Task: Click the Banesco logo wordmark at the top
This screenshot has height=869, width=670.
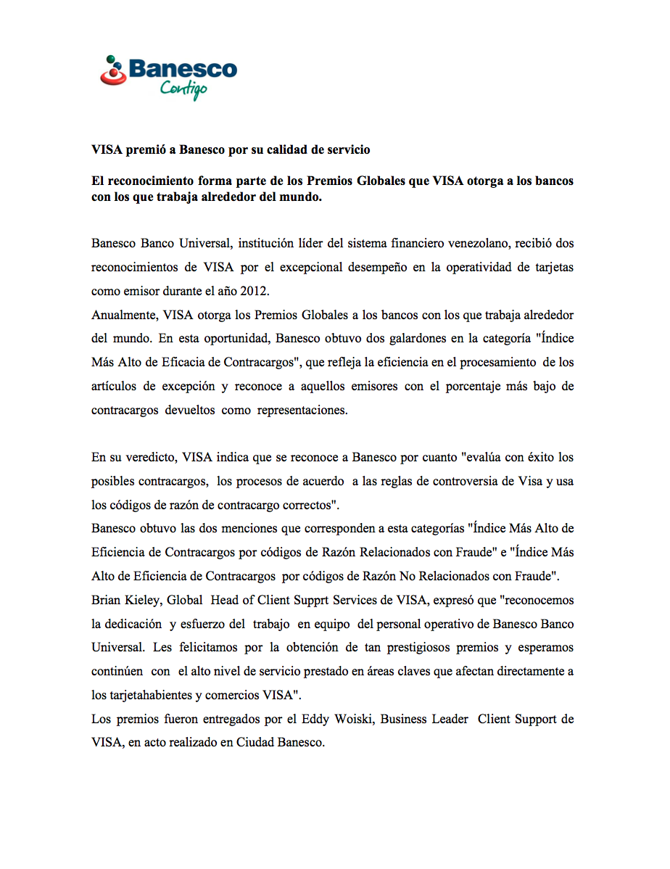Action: coord(182,70)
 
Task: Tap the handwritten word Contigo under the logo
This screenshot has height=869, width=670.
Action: coord(183,89)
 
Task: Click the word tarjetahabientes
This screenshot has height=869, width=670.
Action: coord(150,695)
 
